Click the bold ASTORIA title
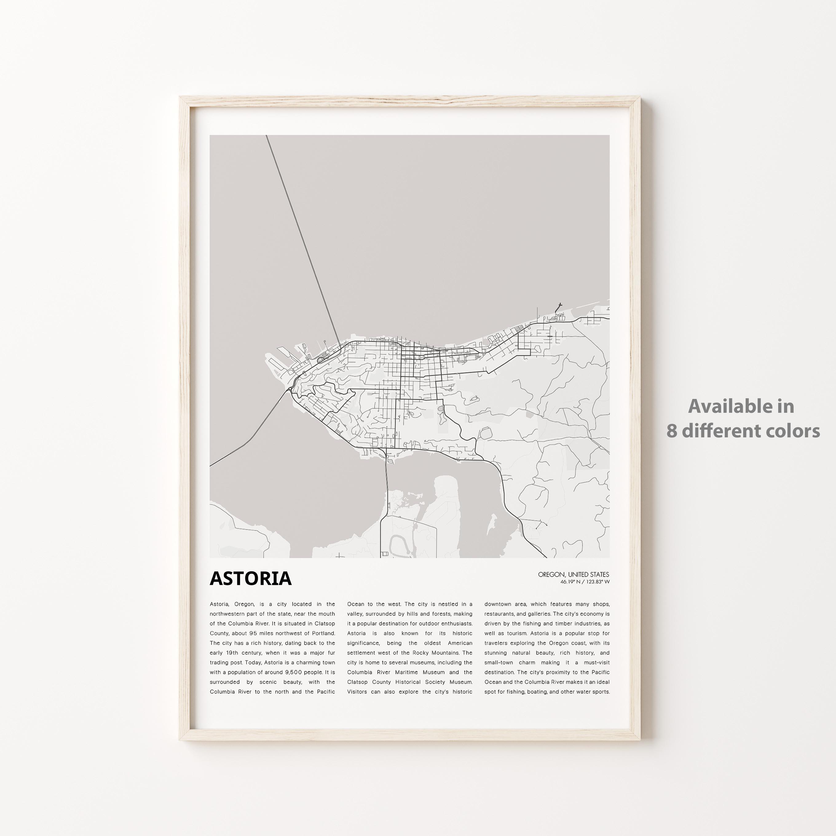tap(250, 578)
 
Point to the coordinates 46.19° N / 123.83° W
tap(585, 582)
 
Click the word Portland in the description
tap(322, 633)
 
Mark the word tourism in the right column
tap(519, 633)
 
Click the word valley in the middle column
tap(355, 613)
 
